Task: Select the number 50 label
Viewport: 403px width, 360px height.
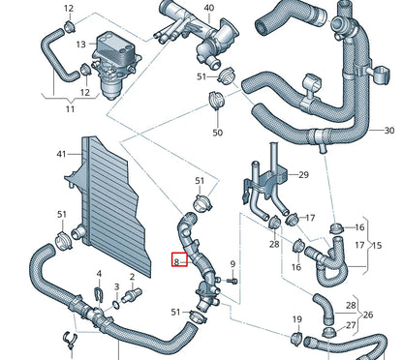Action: [x=217, y=132]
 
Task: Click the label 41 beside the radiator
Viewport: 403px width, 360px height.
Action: [x=61, y=155]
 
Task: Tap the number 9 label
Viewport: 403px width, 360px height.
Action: [x=232, y=263]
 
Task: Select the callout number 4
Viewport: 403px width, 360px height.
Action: [x=98, y=275]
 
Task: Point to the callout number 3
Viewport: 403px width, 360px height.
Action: [x=117, y=275]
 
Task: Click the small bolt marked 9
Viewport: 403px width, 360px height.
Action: [x=232, y=282]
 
